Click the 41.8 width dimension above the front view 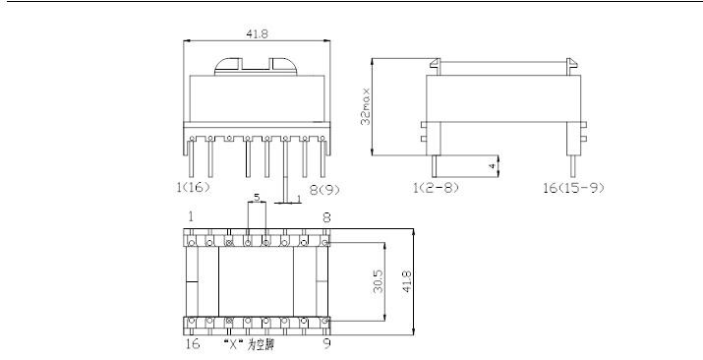click(x=257, y=34)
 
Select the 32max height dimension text click(x=367, y=106)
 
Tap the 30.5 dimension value click(x=378, y=281)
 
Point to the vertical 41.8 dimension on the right click(x=407, y=281)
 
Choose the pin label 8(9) click(x=324, y=190)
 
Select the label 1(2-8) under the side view click(x=436, y=188)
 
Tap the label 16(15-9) click(x=573, y=188)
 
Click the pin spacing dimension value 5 click(x=257, y=197)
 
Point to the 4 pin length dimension click(x=493, y=166)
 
